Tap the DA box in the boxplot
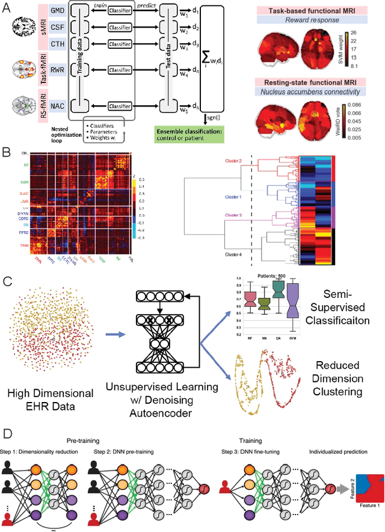279,290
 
